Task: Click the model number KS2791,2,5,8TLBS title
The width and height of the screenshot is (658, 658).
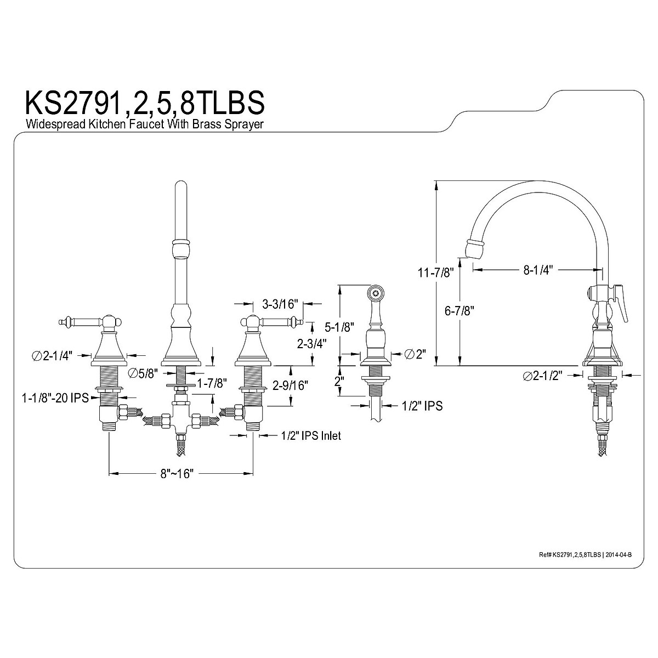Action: [x=145, y=103]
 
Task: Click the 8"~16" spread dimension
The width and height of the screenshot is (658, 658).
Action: [x=178, y=473]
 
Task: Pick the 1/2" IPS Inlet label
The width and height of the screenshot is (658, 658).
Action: [x=310, y=435]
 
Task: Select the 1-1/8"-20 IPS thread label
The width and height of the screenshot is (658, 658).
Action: [x=55, y=398]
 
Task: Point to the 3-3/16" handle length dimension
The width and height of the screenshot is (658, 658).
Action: [x=280, y=303]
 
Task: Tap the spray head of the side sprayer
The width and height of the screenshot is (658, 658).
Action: [x=376, y=293]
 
